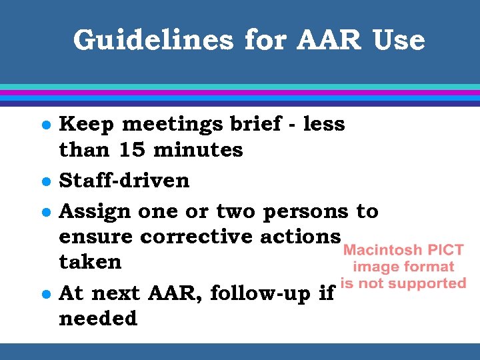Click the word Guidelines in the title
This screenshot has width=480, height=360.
point(154,41)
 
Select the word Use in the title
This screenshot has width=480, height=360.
point(399,41)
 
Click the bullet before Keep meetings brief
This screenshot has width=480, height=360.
point(44,125)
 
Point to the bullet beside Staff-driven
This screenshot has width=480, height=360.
point(44,181)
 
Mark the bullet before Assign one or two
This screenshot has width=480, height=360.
point(44,212)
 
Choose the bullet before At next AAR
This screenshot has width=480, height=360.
point(44,293)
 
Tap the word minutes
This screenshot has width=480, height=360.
point(198,150)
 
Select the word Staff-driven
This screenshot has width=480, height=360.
point(124,181)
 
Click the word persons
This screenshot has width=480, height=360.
point(305,212)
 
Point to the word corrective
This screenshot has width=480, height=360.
point(189,237)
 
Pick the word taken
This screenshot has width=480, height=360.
point(90,262)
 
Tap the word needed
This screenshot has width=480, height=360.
point(98,319)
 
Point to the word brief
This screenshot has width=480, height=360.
point(252,124)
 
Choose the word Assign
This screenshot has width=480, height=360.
point(95,212)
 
